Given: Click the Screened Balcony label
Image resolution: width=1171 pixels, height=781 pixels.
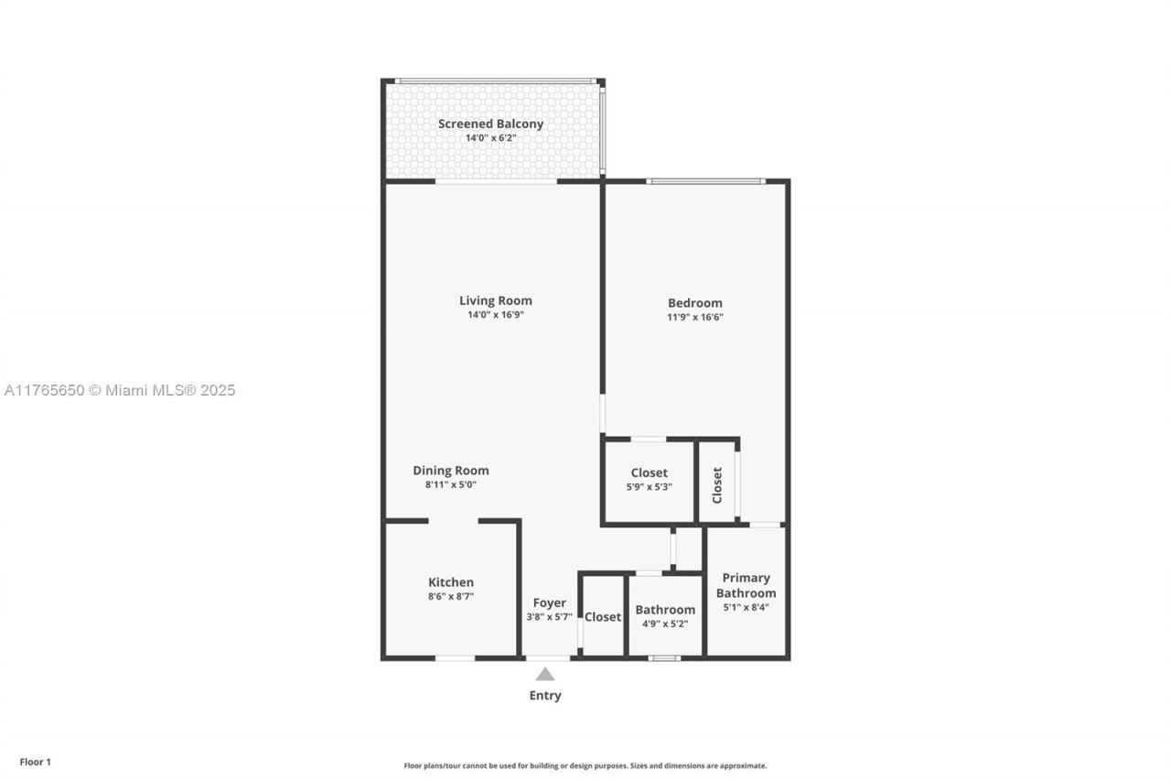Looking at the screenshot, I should pyautogui.click(x=490, y=124).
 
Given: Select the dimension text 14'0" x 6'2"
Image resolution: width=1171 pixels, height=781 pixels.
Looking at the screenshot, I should pyautogui.click(x=490, y=138).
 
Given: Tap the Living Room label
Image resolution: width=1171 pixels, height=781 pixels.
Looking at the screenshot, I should pyautogui.click(x=495, y=300).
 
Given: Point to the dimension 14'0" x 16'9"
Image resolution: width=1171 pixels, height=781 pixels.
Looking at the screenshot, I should pyautogui.click(x=495, y=315).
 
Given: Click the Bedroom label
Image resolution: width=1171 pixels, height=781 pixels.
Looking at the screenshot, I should pyautogui.click(x=694, y=303).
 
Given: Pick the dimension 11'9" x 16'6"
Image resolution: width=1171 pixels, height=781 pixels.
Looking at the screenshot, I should pyautogui.click(x=694, y=318).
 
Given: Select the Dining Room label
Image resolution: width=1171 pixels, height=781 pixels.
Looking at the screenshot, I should pyautogui.click(x=450, y=471).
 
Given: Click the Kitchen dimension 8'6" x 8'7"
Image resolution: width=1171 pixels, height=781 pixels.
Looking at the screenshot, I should pyautogui.click(x=450, y=596).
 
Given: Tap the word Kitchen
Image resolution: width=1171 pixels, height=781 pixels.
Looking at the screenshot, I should pyautogui.click(x=451, y=582).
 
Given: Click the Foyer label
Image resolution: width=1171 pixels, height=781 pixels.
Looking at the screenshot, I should pyautogui.click(x=549, y=602).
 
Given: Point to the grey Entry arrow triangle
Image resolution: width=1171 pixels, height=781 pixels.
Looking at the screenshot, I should pyautogui.click(x=545, y=675).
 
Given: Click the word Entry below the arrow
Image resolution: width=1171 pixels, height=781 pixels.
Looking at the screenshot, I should pyautogui.click(x=545, y=696).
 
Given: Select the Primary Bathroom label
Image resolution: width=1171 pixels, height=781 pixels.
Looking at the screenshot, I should pyautogui.click(x=746, y=585).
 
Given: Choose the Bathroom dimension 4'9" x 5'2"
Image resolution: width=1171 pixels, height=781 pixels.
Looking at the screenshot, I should pyautogui.click(x=665, y=624).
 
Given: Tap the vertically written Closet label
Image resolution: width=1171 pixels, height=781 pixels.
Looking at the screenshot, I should pyautogui.click(x=717, y=484).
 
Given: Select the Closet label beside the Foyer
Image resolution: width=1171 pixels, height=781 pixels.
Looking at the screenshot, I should pyautogui.click(x=603, y=617).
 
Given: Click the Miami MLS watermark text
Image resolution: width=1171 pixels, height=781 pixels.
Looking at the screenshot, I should pyautogui.click(x=119, y=390).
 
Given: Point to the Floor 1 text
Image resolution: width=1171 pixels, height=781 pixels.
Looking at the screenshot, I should pyautogui.click(x=36, y=762).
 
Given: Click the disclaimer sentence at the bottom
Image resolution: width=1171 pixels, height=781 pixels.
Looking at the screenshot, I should pyautogui.click(x=585, y=765).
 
